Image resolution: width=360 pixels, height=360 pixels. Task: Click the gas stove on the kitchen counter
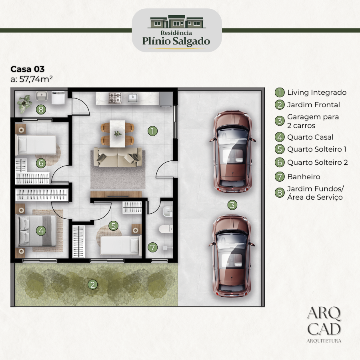(115, 98)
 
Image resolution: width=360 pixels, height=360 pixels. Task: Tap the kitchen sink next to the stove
(133, 98)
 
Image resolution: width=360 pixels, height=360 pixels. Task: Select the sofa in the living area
(118, 157)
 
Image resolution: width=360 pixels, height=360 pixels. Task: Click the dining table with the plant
(117, 134)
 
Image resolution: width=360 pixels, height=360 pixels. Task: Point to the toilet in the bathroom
(166, 229)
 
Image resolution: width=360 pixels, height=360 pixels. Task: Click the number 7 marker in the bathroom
(153, 247)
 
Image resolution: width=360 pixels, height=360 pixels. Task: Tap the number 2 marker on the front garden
(92, 285)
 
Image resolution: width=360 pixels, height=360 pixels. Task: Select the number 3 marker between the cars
(232, 205)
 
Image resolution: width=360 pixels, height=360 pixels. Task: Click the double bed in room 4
(36, 231)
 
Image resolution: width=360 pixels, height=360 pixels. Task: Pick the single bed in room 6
(36, 145)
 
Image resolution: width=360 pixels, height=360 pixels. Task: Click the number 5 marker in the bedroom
(114, 226)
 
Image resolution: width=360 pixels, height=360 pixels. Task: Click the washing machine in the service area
(58, 98)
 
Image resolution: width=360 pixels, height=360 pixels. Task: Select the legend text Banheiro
(304, 177)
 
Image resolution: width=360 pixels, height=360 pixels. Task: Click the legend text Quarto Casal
(310, 137)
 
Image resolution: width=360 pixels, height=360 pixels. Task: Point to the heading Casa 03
(28, 69)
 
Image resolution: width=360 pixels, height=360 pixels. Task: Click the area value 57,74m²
(36, 79)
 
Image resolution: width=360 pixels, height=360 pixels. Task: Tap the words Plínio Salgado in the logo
(176, 41)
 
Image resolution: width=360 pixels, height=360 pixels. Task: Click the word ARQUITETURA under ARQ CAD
(324, 341)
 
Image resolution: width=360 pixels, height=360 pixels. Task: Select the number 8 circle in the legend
(280, 193)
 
